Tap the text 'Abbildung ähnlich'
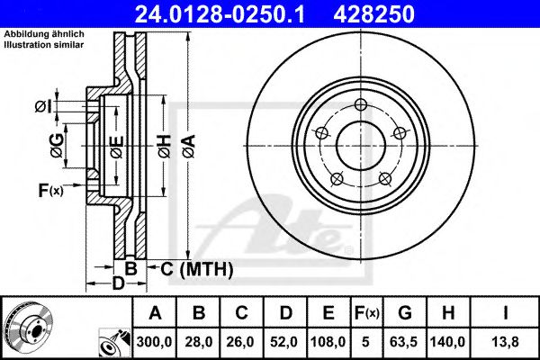(43, 34)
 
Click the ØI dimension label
(42, 107)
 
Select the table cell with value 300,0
(156, 342)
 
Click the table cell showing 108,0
(328, 342)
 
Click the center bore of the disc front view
(360, 143)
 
